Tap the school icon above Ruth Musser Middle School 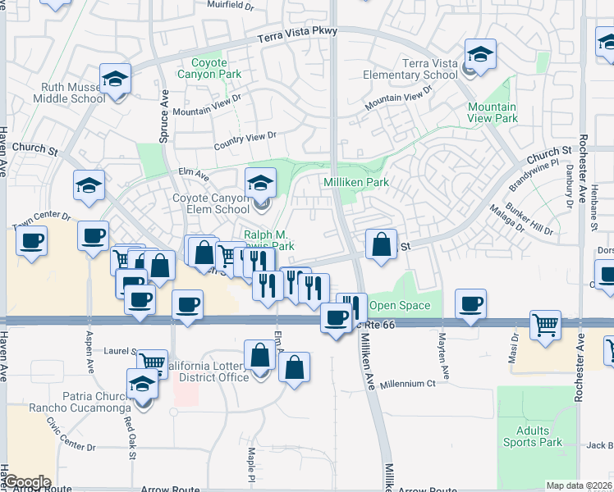click(x=116, y=80)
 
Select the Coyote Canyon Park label click(x=216, y=68)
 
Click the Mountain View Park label click(x=493, y=112)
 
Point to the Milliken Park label click(x=355, y=182)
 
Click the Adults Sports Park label click(x=539, y=436)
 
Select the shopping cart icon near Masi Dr click(x=546, y=325)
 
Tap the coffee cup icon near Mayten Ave click(x=471, y=304)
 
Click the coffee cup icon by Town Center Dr click(x=31, y=240)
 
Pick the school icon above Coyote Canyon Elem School click(x=260, y=182)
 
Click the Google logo click(x=26, y=482)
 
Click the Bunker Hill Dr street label click(x=529, y=219)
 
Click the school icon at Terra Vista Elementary click(x=480, y=54)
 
